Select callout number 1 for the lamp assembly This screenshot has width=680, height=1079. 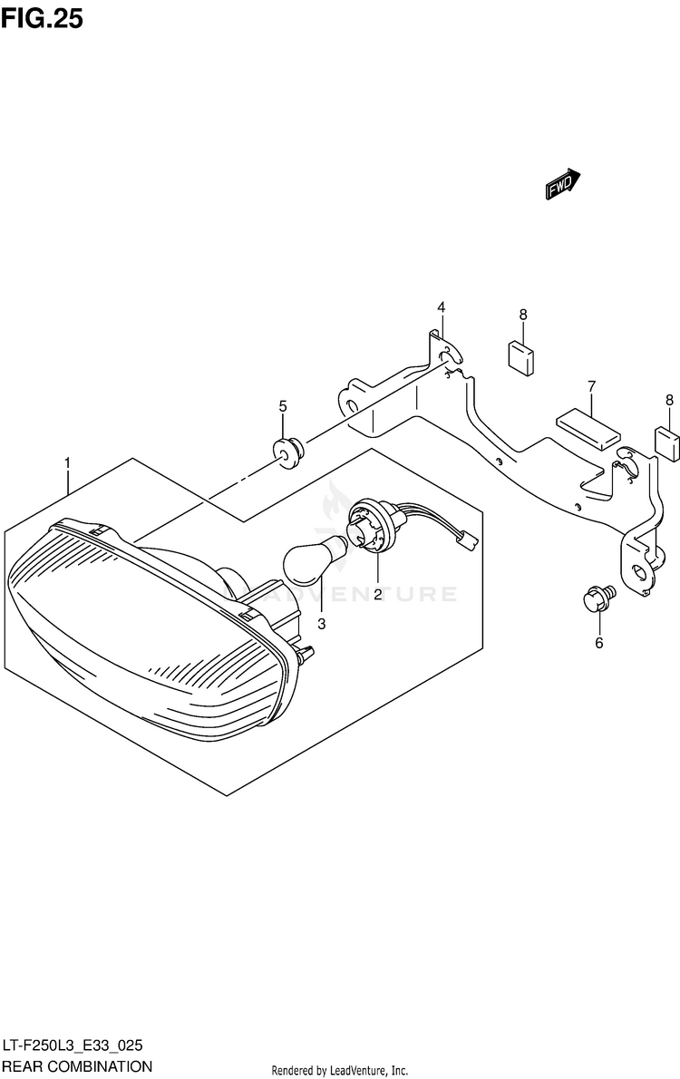(68, 463)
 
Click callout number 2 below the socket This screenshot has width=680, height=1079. (377, 594)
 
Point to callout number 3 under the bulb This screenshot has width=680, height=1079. (321, 624)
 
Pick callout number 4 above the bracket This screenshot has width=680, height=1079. (441, 307)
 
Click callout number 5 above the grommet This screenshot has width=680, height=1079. (283, 405)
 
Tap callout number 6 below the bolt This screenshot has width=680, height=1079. (598, 644)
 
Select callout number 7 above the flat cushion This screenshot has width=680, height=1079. (590, 386)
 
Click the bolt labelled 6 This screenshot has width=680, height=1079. (598, 598)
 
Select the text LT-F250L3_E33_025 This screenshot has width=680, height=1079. (72, 1045)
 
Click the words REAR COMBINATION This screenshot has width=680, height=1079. (77, 1066)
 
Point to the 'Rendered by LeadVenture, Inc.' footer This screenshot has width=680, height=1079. (340, 1070)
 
